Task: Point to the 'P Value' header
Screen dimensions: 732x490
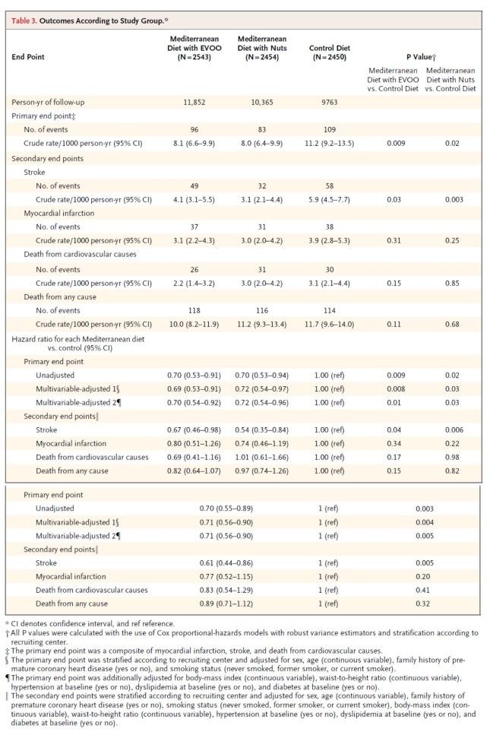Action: coord(420,56)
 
